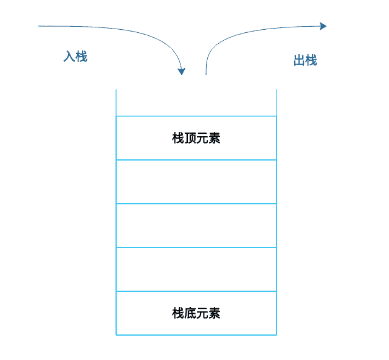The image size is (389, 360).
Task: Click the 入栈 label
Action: [75, 57]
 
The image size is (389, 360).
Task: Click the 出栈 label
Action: [305, 61]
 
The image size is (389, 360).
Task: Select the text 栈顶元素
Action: [196, 138]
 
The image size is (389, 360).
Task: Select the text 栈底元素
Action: [196, 313]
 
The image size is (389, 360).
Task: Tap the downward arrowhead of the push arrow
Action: [181, 71]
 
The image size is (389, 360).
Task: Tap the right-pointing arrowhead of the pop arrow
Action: [323, 26]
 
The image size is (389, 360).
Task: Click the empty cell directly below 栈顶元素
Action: [196, 182]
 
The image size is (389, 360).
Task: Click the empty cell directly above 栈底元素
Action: [196, 269]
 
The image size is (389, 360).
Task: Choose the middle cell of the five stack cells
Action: [196, 226]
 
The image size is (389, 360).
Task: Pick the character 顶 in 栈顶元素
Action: [190, 138]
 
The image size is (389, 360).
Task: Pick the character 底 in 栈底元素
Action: [190, 313]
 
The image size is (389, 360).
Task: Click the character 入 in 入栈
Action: [69, 57]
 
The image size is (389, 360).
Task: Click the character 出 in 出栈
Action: [299, 61]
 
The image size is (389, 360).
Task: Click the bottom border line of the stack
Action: [196, 334]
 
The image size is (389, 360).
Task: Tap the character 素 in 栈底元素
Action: [214, 313]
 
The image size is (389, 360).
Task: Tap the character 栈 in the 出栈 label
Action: [311, 61]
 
